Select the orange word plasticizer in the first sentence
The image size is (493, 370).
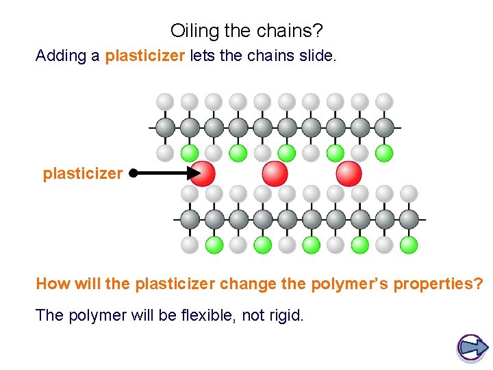pyautogui.click(x=144, y=56)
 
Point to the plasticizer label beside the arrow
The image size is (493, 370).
pyautogui.click(x=82, y=173)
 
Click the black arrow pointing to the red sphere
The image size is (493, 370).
pyautogui.click(x=164, y=173)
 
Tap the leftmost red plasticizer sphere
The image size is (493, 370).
pyautogui.click(x=203, y=173)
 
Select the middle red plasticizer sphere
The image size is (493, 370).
pyautogui.click(x=275, y=173)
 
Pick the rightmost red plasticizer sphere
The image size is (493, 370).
pyautogui.click(x=349, y=173)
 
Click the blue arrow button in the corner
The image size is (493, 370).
pyautogui.click(x=471, y=347)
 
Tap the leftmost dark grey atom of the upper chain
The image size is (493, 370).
pyautogui.click(x=166, y=127)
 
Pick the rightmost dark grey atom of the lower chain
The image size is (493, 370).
pyautogui.click(x=409, y=219)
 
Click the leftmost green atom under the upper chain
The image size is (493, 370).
pyautogui.click(x=190, y=151)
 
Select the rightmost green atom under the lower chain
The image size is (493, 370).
pyautogui.click(x=409, y=244)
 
